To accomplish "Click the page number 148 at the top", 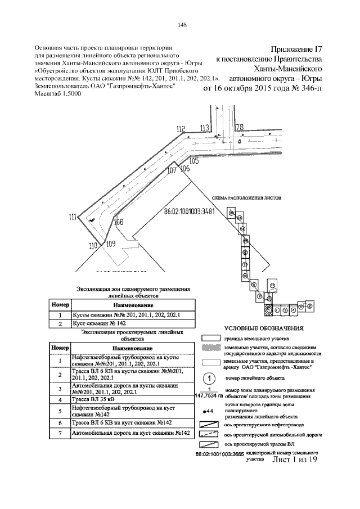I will (x=182, y=24).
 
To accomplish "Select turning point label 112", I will (x=181, y=130).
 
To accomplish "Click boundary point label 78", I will (x=240, y=127).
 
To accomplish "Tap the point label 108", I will (x=119, y=222).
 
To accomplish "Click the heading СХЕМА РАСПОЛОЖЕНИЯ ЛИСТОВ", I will (x=246, y=199).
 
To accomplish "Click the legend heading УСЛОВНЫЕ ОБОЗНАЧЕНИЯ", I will (x=264, y=328).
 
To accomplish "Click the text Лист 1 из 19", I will (x=295, y=460).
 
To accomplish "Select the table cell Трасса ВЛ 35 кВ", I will (x=92, y=399).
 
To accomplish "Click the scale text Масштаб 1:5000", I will (x=58, y=94).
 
